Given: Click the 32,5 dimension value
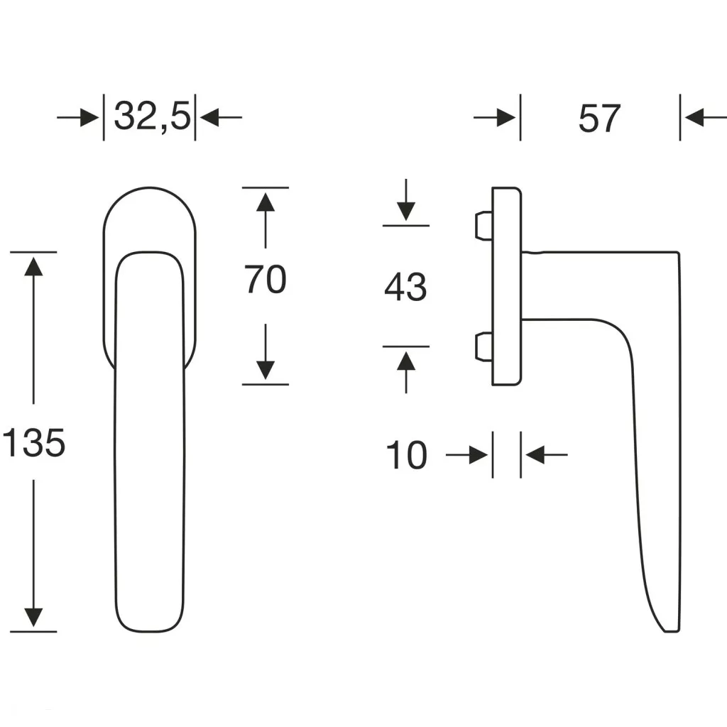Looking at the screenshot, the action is pos(152,117).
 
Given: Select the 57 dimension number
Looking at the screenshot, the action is pos(599,119).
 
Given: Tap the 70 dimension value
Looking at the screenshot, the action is pos(266,279).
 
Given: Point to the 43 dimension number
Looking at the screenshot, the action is pos(405,287).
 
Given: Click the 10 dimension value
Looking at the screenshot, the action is pos(406,455).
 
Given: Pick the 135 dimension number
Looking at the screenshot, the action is pos(33,443).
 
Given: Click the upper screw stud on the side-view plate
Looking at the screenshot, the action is pos(483,226).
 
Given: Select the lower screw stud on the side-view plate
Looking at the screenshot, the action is pos(483,346).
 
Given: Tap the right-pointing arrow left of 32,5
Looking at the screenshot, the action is pos(78,117).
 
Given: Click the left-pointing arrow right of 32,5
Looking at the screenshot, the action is pos(221,117).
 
